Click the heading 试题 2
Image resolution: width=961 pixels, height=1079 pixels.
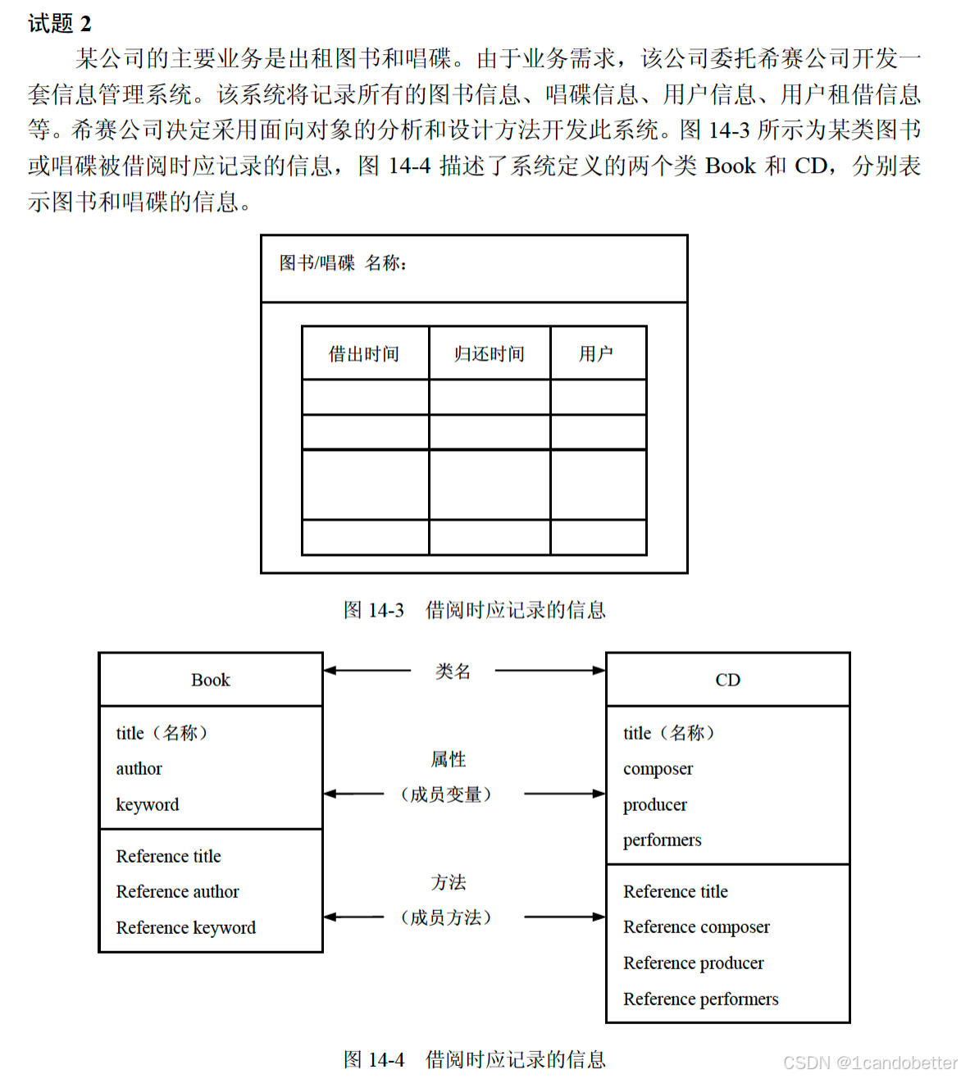(x=60, y=23)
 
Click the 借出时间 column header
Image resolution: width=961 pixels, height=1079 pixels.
(x=364, y=353)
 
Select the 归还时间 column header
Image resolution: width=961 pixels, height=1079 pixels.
(x=489, y=353)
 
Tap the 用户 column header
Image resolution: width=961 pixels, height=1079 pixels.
(x=596, y=353)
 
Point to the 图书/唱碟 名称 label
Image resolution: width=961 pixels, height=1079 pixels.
(x=343, y=263)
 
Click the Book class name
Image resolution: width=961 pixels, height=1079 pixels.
(x=211, y=680)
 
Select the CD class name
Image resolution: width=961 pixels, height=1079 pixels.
(x=727, y=680)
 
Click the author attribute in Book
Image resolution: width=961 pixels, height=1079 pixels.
(x=139, y=769)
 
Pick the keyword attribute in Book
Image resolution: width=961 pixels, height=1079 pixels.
(x=148, y=804)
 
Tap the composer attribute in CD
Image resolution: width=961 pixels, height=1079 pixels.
(x=658, y=769)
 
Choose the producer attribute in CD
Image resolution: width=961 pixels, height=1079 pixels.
(x=655, y=804)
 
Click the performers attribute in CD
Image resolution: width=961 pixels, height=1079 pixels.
(x=663, y=840)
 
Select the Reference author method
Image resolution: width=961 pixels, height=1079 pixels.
(x=178, y=891)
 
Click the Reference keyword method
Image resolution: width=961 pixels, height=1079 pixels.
(x=186, y=927)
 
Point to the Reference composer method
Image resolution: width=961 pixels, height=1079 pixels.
(x=696, y=927)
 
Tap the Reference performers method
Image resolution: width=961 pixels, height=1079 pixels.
(x=701, y=999)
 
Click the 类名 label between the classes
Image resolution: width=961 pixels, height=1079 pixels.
(x=453, y=672)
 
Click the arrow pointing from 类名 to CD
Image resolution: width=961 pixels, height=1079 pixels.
(x=549, y=671)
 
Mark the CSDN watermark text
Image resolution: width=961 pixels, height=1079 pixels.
(x=870, y=1063)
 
